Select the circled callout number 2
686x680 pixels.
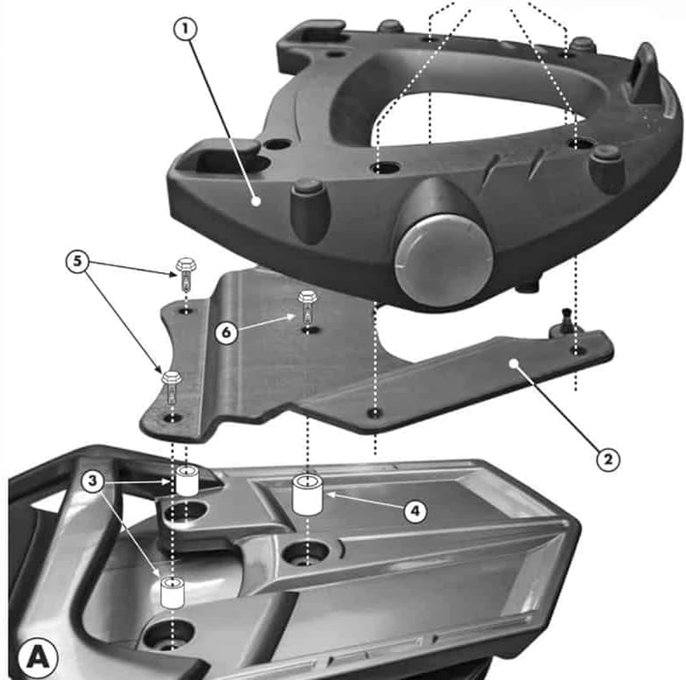click(x=606, y=460)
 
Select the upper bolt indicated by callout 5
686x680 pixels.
click(x=186, y=275)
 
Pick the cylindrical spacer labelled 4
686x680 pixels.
click(x=309, y=494)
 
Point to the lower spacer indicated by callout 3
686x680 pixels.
click(x=172, y=592)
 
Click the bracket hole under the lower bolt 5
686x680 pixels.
click(x=173, y=418)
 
